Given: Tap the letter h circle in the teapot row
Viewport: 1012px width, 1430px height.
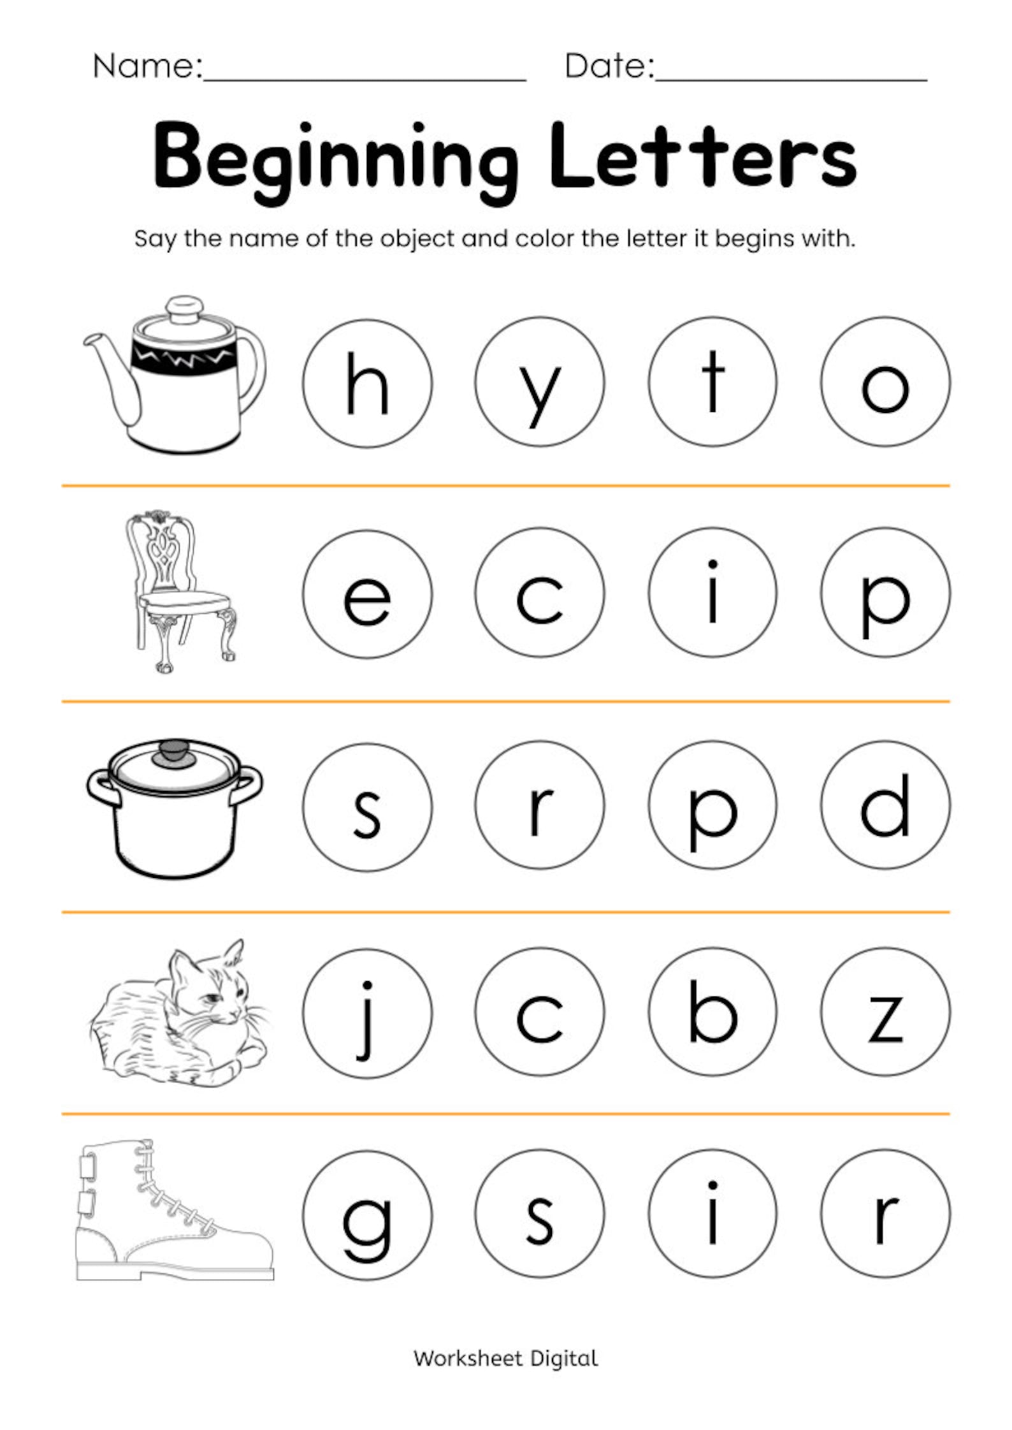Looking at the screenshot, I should coord(367,383).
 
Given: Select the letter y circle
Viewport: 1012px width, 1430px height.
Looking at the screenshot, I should coord(539,383).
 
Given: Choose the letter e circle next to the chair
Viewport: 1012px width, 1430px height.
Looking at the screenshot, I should coord(367,594).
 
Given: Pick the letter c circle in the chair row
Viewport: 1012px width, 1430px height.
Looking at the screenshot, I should coord(539,593).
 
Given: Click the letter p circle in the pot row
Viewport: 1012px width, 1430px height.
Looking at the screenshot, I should coord(712,806).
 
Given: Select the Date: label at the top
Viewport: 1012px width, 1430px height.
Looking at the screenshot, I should coord(609,66).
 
